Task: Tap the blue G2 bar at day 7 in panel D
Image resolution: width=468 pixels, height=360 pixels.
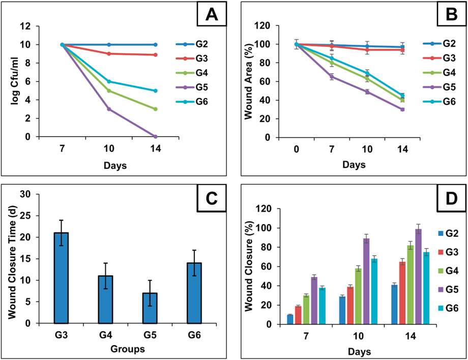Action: pyautogui.click(x=290, y=319)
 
